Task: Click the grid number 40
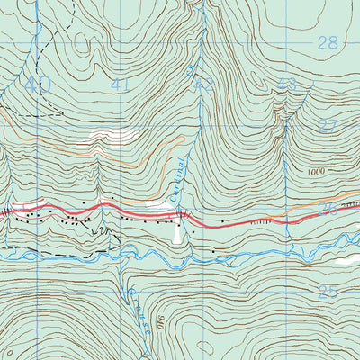tap(38, 85)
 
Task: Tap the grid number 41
tap(121, 85)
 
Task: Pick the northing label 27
tap(327, 126)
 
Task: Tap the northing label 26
tap(327, 209)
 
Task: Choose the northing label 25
tap(327, 292)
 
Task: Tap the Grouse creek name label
tap(135, 297)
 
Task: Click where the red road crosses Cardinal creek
tap(183, 215)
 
